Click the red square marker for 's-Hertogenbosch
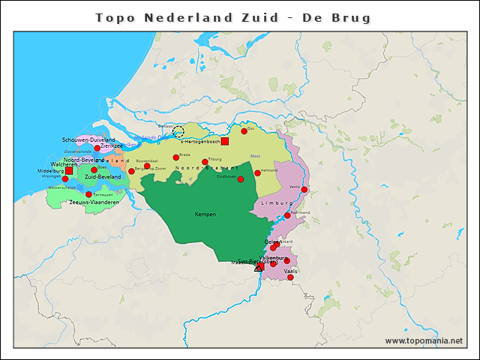224,141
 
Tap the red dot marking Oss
244,130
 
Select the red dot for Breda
175,157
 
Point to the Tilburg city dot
205,161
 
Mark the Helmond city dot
257,173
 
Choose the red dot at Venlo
304,190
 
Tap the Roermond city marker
287,216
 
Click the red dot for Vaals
290,277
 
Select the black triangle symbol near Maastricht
259,267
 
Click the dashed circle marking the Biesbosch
178,132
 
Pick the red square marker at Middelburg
69,171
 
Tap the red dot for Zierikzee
97,148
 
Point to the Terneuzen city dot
88,195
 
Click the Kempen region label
205,214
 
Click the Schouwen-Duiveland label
88,140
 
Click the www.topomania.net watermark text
424,341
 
